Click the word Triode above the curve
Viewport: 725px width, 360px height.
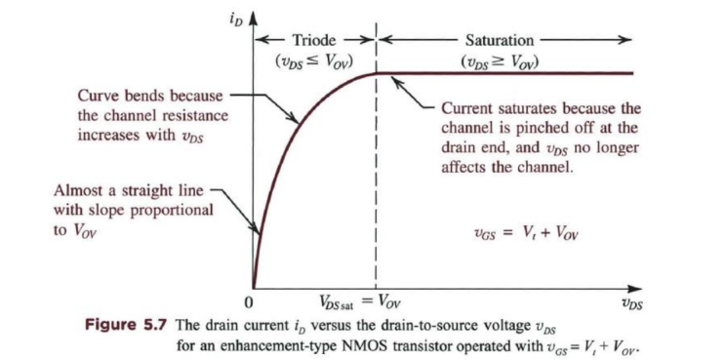point(314,40)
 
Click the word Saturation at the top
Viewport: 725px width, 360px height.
point(500,40)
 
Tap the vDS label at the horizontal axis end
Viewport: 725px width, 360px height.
point(633,305)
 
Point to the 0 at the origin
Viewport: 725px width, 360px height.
point(249,303)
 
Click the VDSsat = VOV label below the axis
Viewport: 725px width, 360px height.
point(359,303)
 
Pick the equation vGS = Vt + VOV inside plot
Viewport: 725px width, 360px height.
point(524,234)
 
